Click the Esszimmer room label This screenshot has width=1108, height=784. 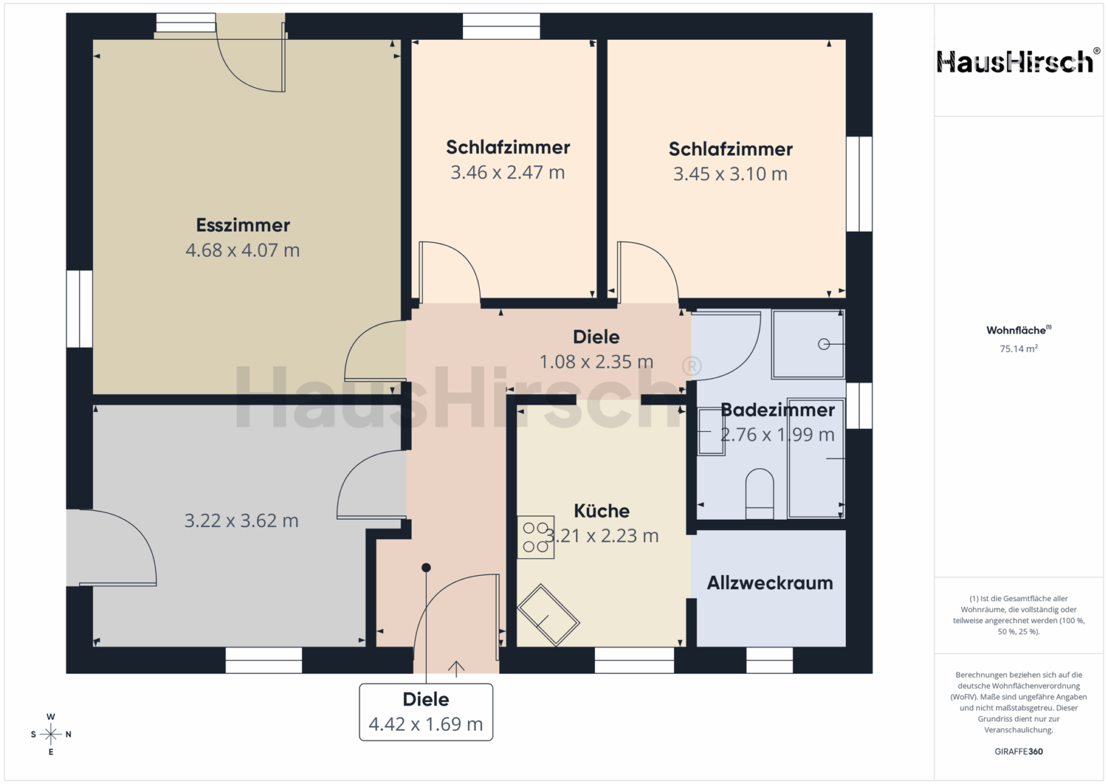[243, 225]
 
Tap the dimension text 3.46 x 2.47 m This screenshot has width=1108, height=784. [507, 173]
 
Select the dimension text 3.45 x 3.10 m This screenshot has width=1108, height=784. [730, 174]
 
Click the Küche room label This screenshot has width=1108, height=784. [602, 511]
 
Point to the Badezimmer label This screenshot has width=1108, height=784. [778, 410]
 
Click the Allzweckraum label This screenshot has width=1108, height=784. [770, 583]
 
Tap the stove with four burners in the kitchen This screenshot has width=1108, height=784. [535, 537]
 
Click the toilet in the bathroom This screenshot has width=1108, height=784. [759, 494]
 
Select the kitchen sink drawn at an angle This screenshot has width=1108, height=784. [548, 616]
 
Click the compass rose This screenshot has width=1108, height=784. [51, 734]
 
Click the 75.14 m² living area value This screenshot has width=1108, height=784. [1019, 349]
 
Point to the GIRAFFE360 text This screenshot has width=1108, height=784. [1019, 751]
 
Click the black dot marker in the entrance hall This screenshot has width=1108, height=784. [426, 568]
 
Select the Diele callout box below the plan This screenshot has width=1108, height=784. [426, 712]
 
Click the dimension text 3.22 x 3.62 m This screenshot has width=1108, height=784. [242, 520]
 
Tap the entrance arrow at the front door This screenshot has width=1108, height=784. [456, 669]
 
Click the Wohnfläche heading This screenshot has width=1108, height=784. [1019, 330]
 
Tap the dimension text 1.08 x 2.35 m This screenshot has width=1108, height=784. [596, 362]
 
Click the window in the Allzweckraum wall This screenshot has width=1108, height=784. [769, 661]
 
